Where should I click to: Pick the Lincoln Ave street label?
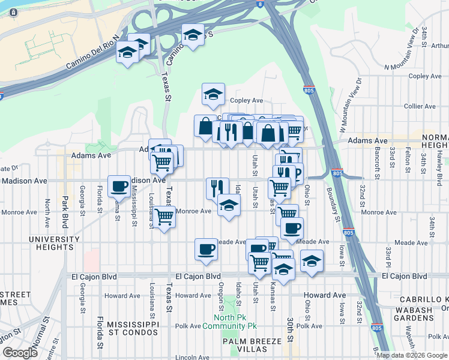[x=193, y=358]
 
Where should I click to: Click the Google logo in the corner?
[x=20, y=353]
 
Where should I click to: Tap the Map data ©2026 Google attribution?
[x=412, y=355]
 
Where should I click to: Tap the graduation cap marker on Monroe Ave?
[x=228, y=205]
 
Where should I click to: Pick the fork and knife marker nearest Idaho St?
[x=217, y=187]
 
